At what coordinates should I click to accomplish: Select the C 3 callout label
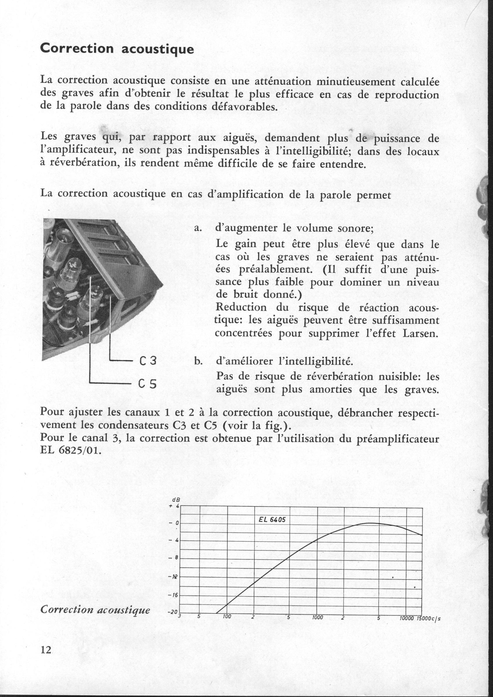coord(148,361)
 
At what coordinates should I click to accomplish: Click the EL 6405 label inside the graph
coord(272,519)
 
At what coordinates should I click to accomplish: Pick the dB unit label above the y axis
coord(175,500)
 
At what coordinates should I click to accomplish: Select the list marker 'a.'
coord(198,228)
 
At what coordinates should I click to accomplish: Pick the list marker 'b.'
coord(198,361)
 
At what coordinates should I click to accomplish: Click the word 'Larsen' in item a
coord(421,333)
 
